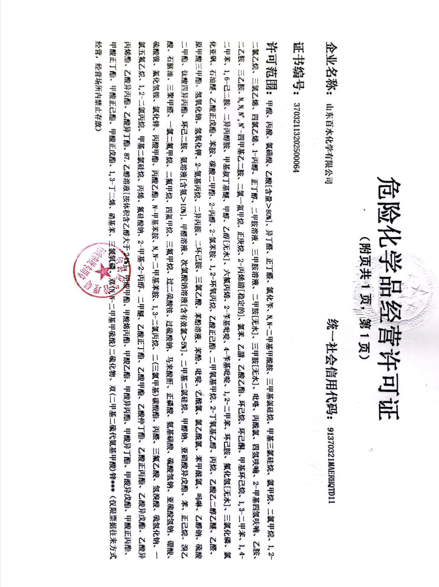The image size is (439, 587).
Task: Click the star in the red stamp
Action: [99, 272]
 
